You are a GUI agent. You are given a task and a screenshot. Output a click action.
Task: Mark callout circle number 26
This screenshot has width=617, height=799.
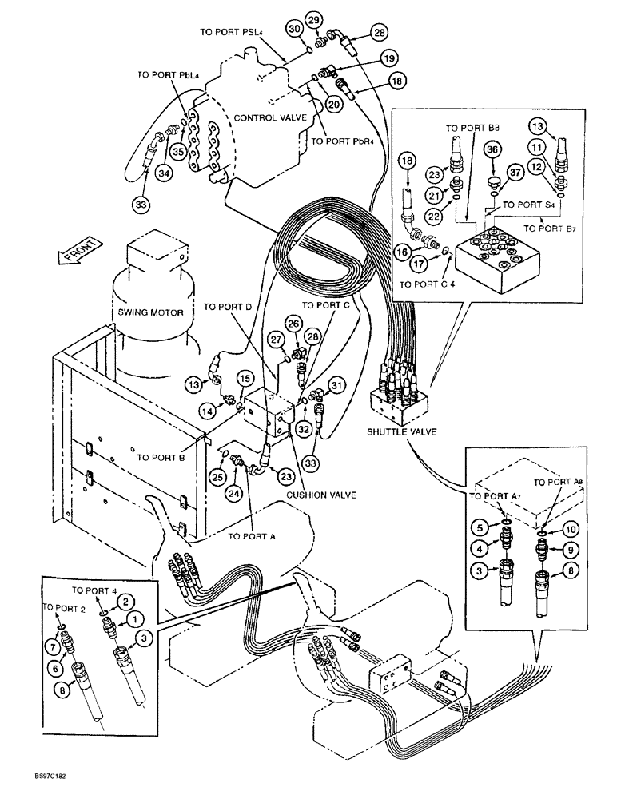pos(293,324)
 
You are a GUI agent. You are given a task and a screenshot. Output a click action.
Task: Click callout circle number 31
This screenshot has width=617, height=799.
pos(336,387)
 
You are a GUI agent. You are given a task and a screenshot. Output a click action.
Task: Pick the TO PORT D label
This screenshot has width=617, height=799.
pos(228,307)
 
